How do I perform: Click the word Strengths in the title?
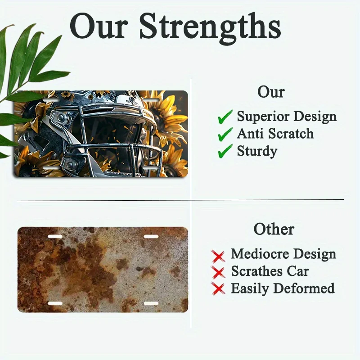pos(210,28)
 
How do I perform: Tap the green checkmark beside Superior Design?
pos(225,117)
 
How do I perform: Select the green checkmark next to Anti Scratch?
pos(225,134)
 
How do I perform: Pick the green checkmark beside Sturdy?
pos(225,151)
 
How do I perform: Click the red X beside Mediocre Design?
pos(218,256)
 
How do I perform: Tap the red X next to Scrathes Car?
pos(218,273)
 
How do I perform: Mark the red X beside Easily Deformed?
pos(218,288)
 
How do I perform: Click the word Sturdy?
pos(257,152)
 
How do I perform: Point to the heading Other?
pos(274,229)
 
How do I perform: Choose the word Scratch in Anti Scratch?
pos(291,133)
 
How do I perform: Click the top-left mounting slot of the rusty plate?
pos(55,237)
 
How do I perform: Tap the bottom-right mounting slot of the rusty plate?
pos(151,303)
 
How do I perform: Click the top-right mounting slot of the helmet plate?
pos(150,100)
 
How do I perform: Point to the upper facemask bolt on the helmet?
pos(61,117)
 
